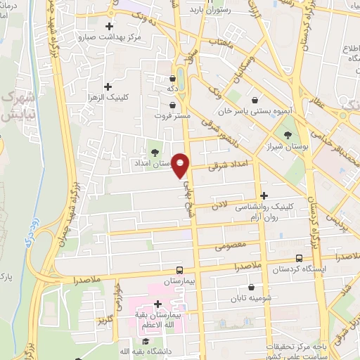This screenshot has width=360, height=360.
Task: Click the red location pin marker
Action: click(181, 165)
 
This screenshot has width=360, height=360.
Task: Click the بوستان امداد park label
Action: click(153, 163)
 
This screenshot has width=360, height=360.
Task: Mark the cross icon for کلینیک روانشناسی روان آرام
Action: click(264, 195)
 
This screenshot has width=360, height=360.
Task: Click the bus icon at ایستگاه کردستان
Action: click(300, 258)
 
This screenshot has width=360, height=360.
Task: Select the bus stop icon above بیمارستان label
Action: click(179, 270)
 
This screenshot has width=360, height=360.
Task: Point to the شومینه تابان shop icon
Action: click(252, 287)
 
